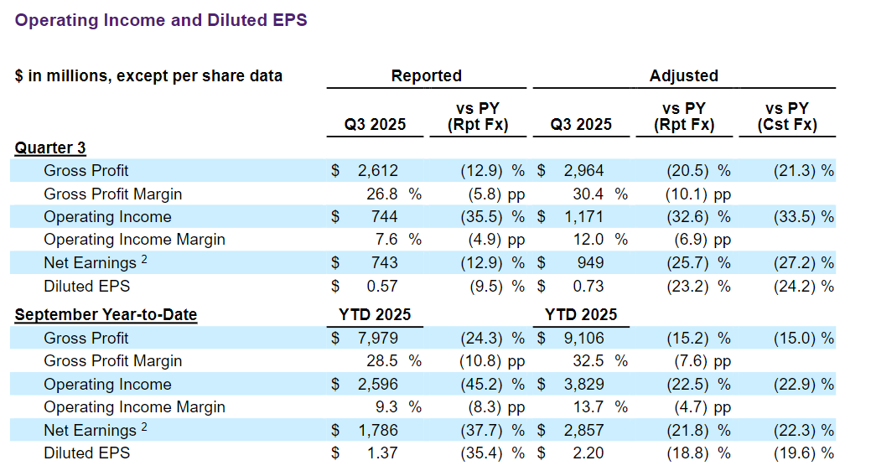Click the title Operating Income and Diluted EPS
tap(161, 20)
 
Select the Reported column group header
tap(426, 75)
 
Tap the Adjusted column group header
tap(683, 75)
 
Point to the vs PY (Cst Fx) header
tap(786, 116)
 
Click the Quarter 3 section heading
tap(50, 148)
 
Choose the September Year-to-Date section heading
tap(106, 315)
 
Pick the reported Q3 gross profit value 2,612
tap(377, 171)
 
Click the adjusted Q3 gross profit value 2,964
tap(583, 171)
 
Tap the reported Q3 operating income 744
tap(384, 217)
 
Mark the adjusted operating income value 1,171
tap(583, 217)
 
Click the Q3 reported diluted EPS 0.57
tap(382, 286)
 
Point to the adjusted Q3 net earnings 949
tap(589, 263)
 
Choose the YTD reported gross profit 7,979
tap(377, 339)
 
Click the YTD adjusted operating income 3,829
tap(583, 385)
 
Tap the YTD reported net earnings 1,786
tap(377, 431)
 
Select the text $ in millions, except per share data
tap(148, 76)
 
